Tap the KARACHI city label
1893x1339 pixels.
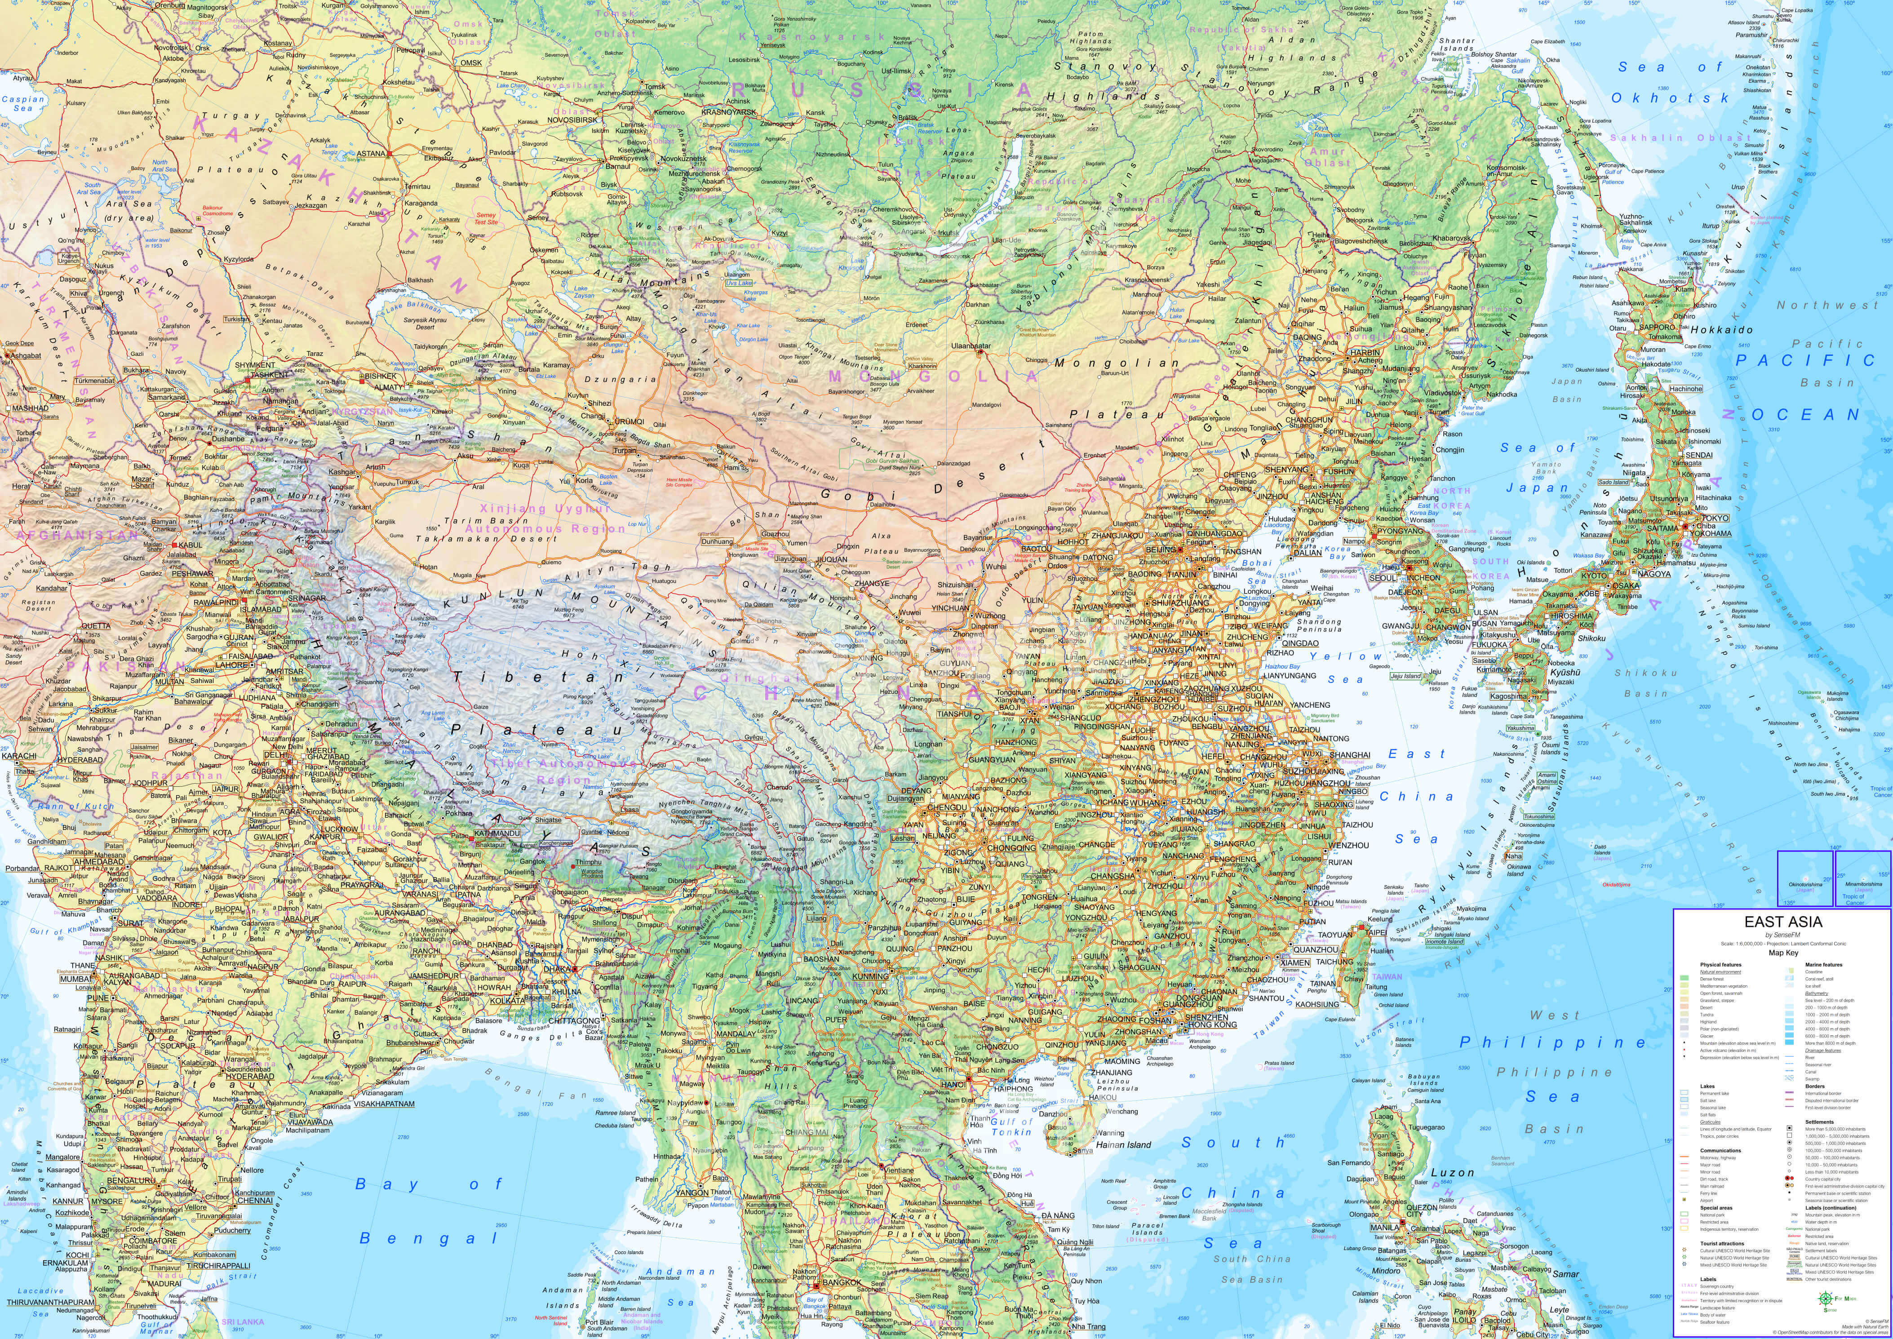tap(19, 755)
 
